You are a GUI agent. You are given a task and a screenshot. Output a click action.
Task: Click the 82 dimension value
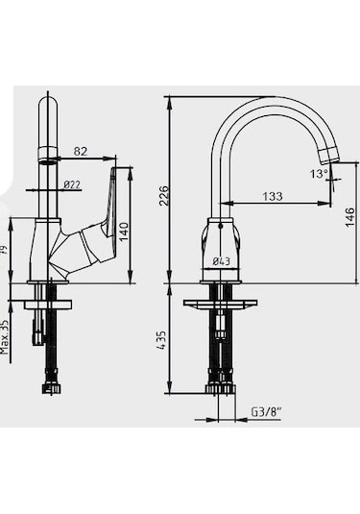pyautogui.click(x=81, y=150)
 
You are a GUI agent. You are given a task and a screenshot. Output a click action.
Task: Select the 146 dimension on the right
pyautogui.click(x=349, y=216)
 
